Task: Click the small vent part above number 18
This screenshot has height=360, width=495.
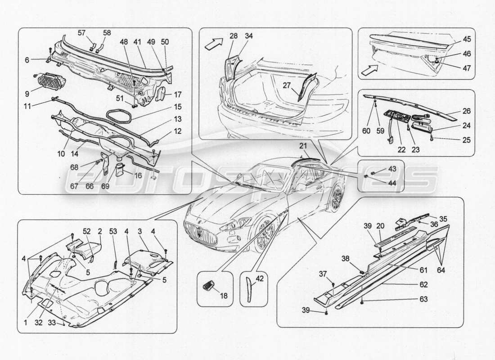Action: tap(209, 284)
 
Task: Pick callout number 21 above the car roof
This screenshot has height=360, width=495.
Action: tap(304, 145)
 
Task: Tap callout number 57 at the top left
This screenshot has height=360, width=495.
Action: tap(81, 33)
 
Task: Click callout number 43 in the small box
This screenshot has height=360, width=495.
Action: tap(392, 169)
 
